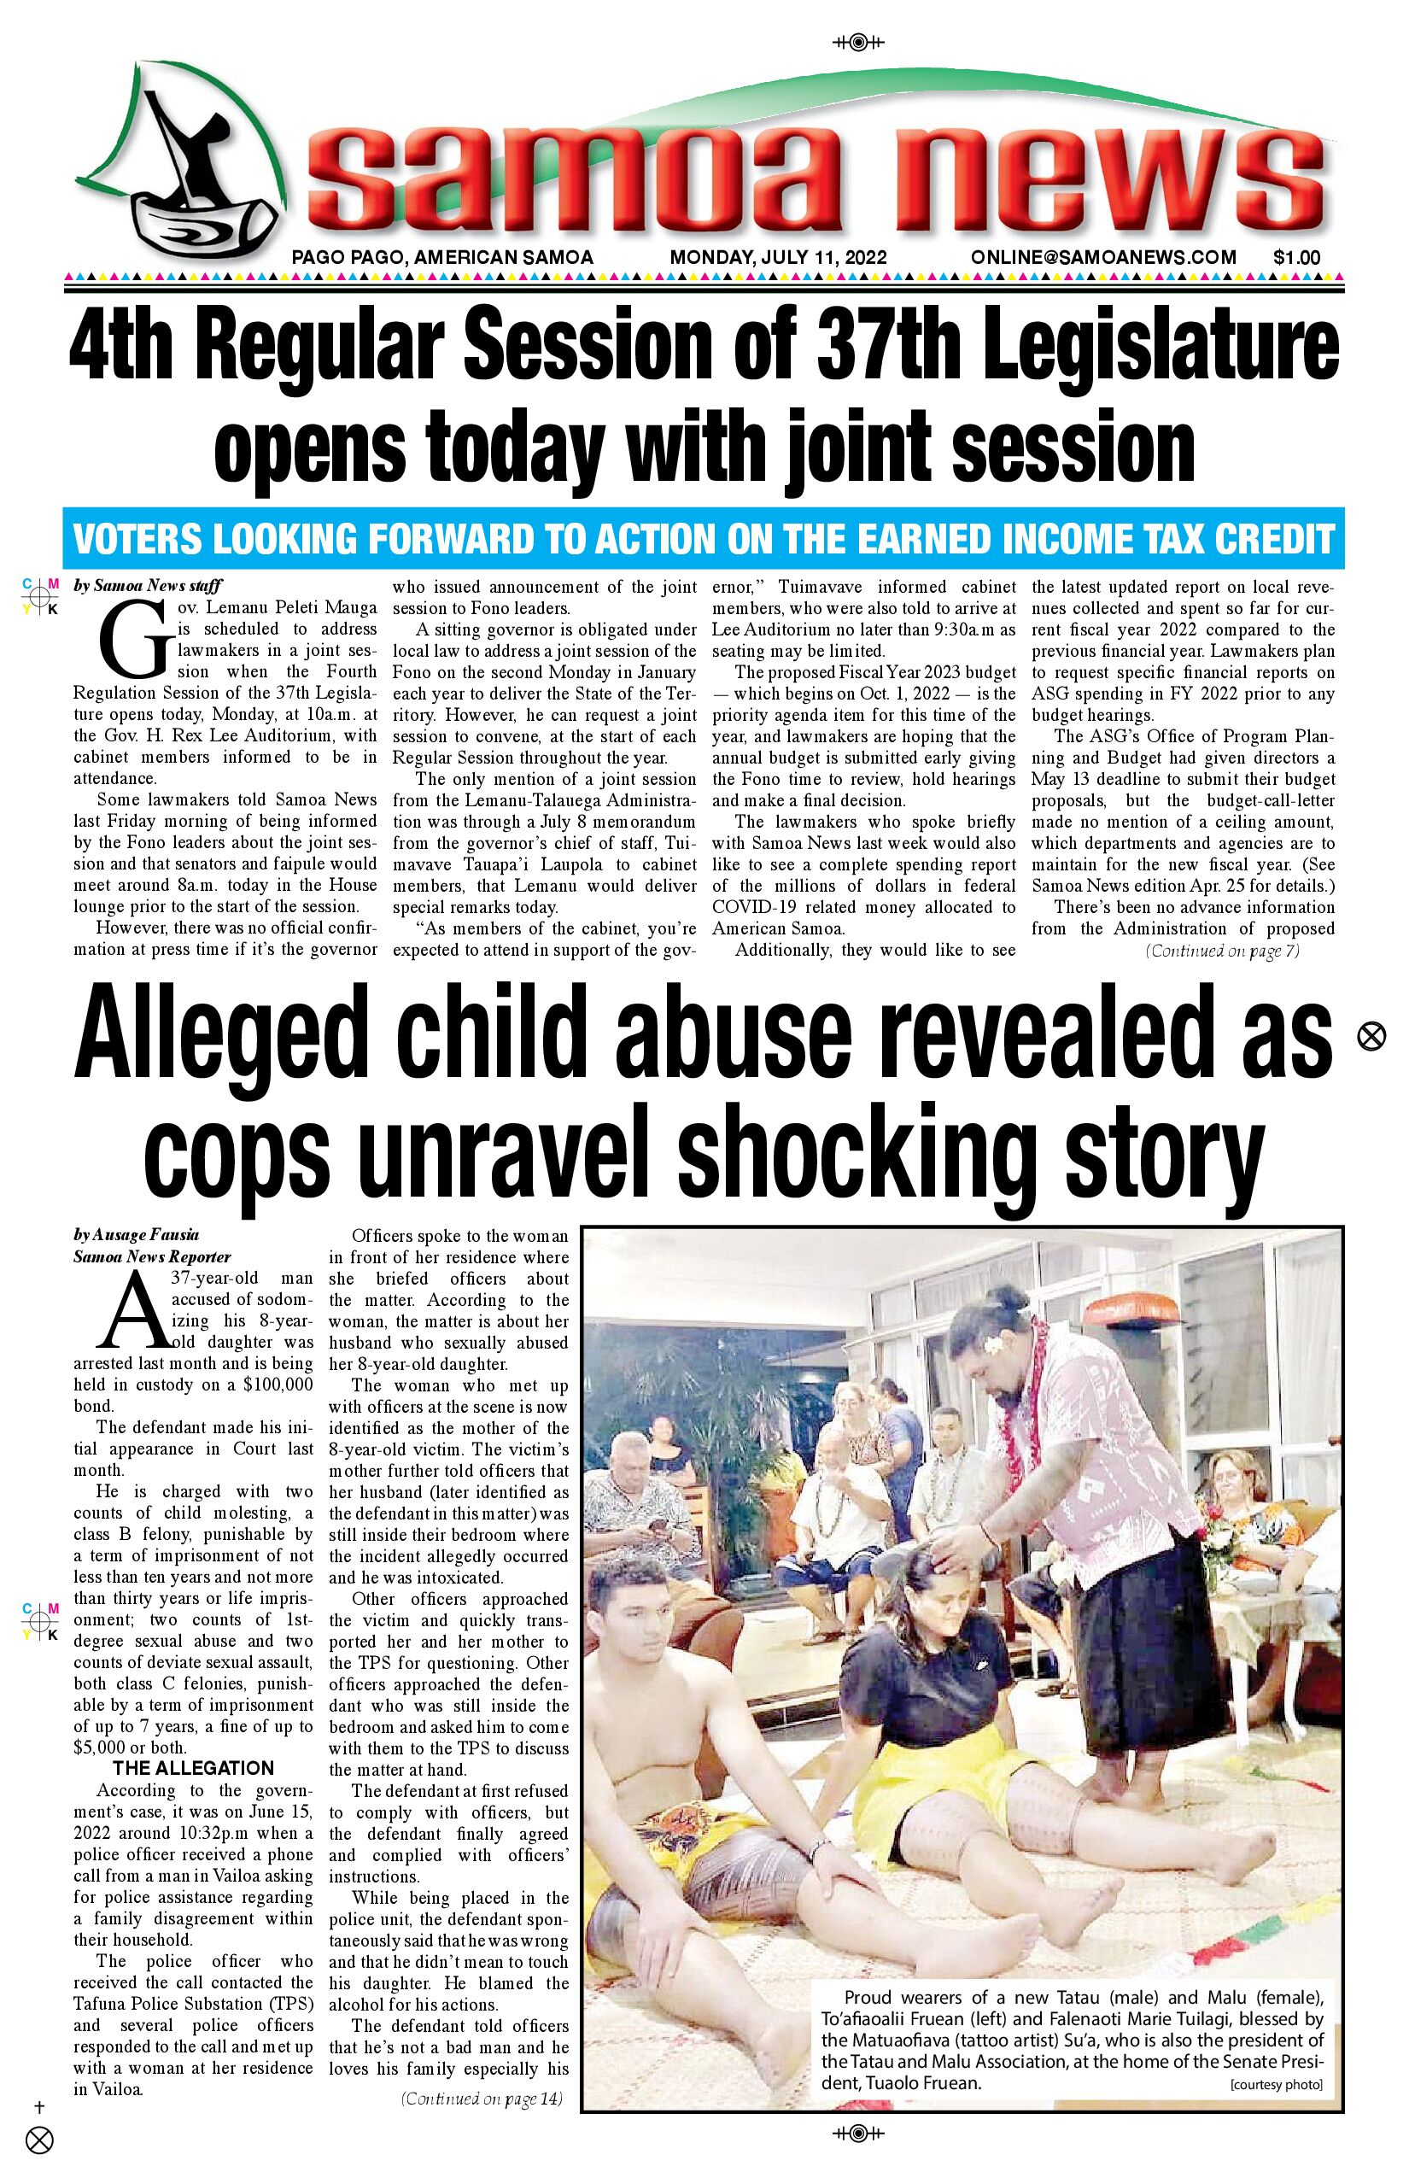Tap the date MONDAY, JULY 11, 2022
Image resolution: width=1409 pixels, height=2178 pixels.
tap(778, 258)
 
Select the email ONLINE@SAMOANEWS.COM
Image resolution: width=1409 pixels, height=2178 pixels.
tap(1103, 258)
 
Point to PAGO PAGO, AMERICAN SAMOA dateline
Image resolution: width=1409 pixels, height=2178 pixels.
tap(442, 258)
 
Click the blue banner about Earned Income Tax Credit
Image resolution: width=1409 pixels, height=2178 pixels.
tap(704, 540)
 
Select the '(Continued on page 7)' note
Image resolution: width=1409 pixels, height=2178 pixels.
tap(1221, 951)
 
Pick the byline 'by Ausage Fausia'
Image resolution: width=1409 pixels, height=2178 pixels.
tap(137, 1234)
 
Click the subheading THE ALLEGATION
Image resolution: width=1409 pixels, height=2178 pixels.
tap(193, 1768)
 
